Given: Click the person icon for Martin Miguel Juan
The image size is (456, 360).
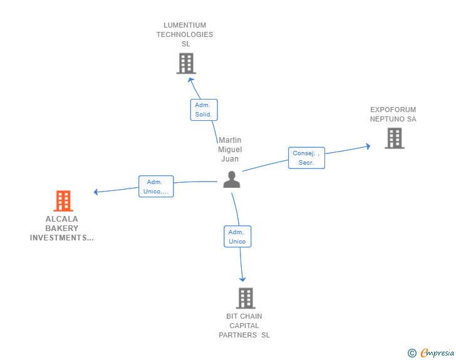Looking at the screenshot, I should click(232, 180).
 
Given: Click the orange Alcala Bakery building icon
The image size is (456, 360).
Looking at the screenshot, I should click(63, 200).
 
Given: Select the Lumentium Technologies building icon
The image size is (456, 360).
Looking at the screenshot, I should click(186, 63).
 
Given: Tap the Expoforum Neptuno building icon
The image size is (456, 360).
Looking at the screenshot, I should click(395, 138).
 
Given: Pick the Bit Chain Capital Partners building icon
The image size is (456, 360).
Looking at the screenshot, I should click(246, 298).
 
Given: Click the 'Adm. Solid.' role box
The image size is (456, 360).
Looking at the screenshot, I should click(204, 110).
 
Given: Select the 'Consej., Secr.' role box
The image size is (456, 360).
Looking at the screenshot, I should click(306, 158).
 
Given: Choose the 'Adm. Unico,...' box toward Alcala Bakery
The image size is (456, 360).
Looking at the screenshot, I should click(155, 186).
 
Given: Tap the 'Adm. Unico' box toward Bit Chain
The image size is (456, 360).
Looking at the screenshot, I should click(237, 236).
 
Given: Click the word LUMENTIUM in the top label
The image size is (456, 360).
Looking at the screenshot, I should click(185, 26).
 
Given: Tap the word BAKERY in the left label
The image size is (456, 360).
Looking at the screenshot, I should click(62, 229).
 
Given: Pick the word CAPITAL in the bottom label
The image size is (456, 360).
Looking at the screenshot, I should click(244, 326).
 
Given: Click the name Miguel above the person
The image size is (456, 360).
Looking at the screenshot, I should click(230, 150).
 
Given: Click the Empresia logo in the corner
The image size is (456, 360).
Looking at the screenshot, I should click(437, 353).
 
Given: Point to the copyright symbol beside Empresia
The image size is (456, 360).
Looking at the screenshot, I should click(412, 353).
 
